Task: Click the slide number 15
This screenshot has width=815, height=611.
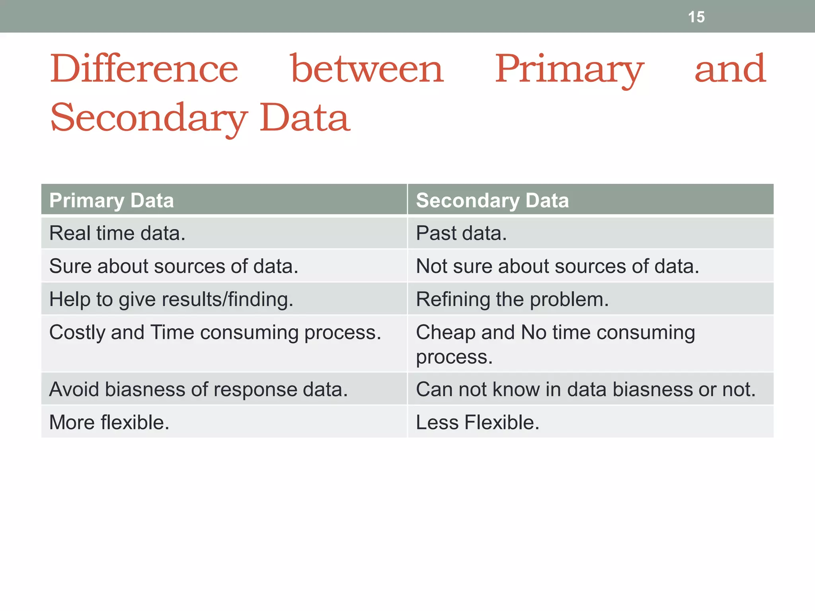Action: (696, 17)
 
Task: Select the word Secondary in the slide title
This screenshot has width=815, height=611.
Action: (149, 118)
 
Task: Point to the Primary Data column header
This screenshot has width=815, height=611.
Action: (111, 200)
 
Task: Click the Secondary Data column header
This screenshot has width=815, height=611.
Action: (492, 200)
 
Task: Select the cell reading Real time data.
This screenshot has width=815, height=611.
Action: (117, 233)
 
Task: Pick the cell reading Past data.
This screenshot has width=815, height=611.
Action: (461, 233)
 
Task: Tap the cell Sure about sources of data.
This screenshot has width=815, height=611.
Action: (174, 266)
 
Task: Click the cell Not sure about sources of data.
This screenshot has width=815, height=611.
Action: (557, 266)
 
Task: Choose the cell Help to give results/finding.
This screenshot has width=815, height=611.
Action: (171, 299)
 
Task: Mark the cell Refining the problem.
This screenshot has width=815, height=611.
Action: (512, 299)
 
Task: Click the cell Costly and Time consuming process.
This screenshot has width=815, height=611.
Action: (215, 333)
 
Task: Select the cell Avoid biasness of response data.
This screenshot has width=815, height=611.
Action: (198, 389)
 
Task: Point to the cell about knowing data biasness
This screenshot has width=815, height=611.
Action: (585, 389)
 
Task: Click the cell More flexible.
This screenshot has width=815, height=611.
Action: (109, 422)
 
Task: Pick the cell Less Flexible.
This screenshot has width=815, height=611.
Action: (478, 422)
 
